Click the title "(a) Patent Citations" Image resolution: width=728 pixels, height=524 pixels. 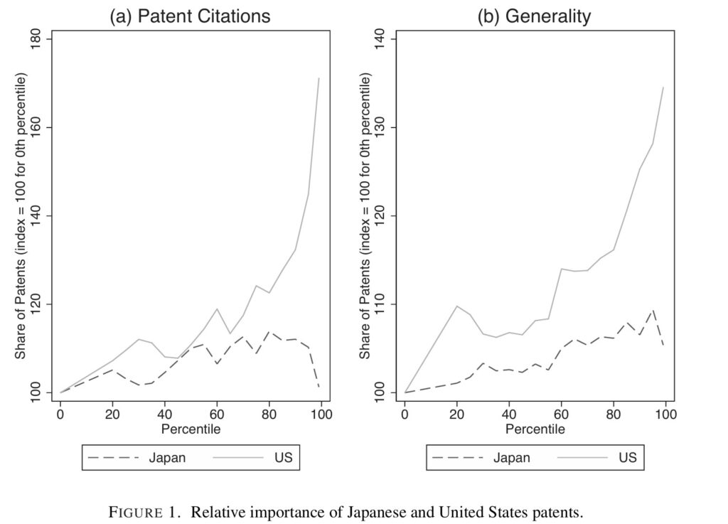coord(189,16)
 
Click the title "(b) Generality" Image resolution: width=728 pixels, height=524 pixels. coord(534,16)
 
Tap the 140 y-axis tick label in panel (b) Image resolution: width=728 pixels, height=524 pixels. coord(379,39)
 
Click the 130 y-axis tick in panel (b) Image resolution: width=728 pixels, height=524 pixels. coord(379,128)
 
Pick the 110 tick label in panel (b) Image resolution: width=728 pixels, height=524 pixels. coord(379,304)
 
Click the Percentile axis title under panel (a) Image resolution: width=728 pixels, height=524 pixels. coord(191,429)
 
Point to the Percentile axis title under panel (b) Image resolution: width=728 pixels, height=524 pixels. coord(535,429)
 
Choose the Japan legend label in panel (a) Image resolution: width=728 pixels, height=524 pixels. coord(167,458)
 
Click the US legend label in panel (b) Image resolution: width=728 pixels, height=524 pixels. coord(627,458)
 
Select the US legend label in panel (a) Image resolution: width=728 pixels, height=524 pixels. coord(283,458)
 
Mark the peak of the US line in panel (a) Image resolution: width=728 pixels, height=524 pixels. coord(319,78)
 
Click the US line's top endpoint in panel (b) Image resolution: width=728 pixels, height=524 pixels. coord(663,87)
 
